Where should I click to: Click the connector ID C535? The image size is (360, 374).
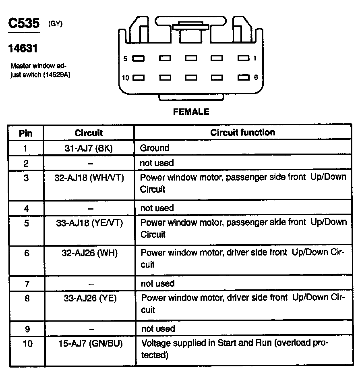tap(24, 23)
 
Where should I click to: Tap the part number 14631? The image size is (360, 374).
tap(23, 49)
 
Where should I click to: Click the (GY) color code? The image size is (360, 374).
tap(55, 23)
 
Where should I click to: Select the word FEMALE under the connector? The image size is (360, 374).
tap(191, 112)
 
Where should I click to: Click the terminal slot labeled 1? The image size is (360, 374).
tap(243, 58)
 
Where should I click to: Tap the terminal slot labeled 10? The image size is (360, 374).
tap(139, 78)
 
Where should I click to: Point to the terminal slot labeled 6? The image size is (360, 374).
tap(243, 77)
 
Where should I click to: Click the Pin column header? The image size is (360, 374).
tap(26, 133)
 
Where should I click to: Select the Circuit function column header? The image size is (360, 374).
tap(243, 133)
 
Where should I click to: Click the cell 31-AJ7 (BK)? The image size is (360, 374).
tap(89, 148)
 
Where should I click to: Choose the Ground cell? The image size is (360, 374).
tap(155, 148)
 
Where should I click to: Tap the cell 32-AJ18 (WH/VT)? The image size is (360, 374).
tap(89, 178)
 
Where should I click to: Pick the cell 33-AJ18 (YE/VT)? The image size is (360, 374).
tap(89, 223)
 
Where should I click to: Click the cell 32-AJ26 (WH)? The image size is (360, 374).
tap(89, 253)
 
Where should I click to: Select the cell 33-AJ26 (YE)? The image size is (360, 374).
tap(89, 299)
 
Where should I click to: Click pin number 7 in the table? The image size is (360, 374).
tap(27, 284)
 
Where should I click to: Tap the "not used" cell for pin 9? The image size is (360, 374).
tap(157, 329)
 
